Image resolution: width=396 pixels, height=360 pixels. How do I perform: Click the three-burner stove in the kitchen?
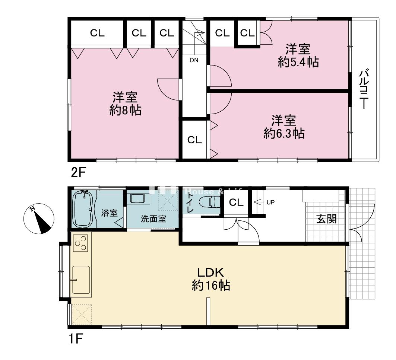[x=80, y=244]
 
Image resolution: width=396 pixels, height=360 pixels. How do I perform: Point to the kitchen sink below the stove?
[x=81, y=280]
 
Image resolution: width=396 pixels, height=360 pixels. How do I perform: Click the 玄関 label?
[x=326, y=219]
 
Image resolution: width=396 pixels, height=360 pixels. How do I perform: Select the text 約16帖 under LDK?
[x=210, y=286]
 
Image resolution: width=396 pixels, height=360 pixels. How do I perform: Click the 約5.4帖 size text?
[x=298, y=62]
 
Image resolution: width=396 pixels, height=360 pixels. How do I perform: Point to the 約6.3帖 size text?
[x=284, y=133]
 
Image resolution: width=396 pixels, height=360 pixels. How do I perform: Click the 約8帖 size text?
[x=125, y=111]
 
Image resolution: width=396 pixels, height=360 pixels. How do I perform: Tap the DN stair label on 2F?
[x=194, y=60]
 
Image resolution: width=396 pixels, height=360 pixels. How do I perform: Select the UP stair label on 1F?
[x=270, y=203]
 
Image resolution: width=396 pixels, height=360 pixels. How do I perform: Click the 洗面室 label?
[x=153, y=219]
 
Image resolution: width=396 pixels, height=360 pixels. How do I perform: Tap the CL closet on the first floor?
[x=236, y=203]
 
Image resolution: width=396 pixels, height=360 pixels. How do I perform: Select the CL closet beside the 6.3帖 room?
[x=194, y=140]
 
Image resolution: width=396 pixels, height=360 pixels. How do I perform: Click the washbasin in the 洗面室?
[x=139, y=198]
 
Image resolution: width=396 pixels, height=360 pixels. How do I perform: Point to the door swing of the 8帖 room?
[x=168, y=89]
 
